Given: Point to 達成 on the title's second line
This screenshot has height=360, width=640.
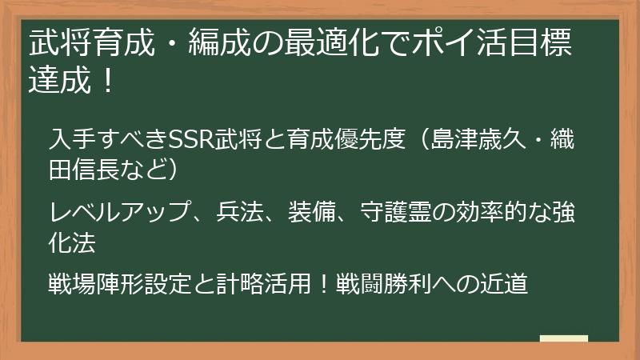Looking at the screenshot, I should coord(56,82).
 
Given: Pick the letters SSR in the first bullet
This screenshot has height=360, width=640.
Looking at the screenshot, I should coord(189,140).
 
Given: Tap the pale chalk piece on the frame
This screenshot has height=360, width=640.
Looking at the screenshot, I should coord(563,338).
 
